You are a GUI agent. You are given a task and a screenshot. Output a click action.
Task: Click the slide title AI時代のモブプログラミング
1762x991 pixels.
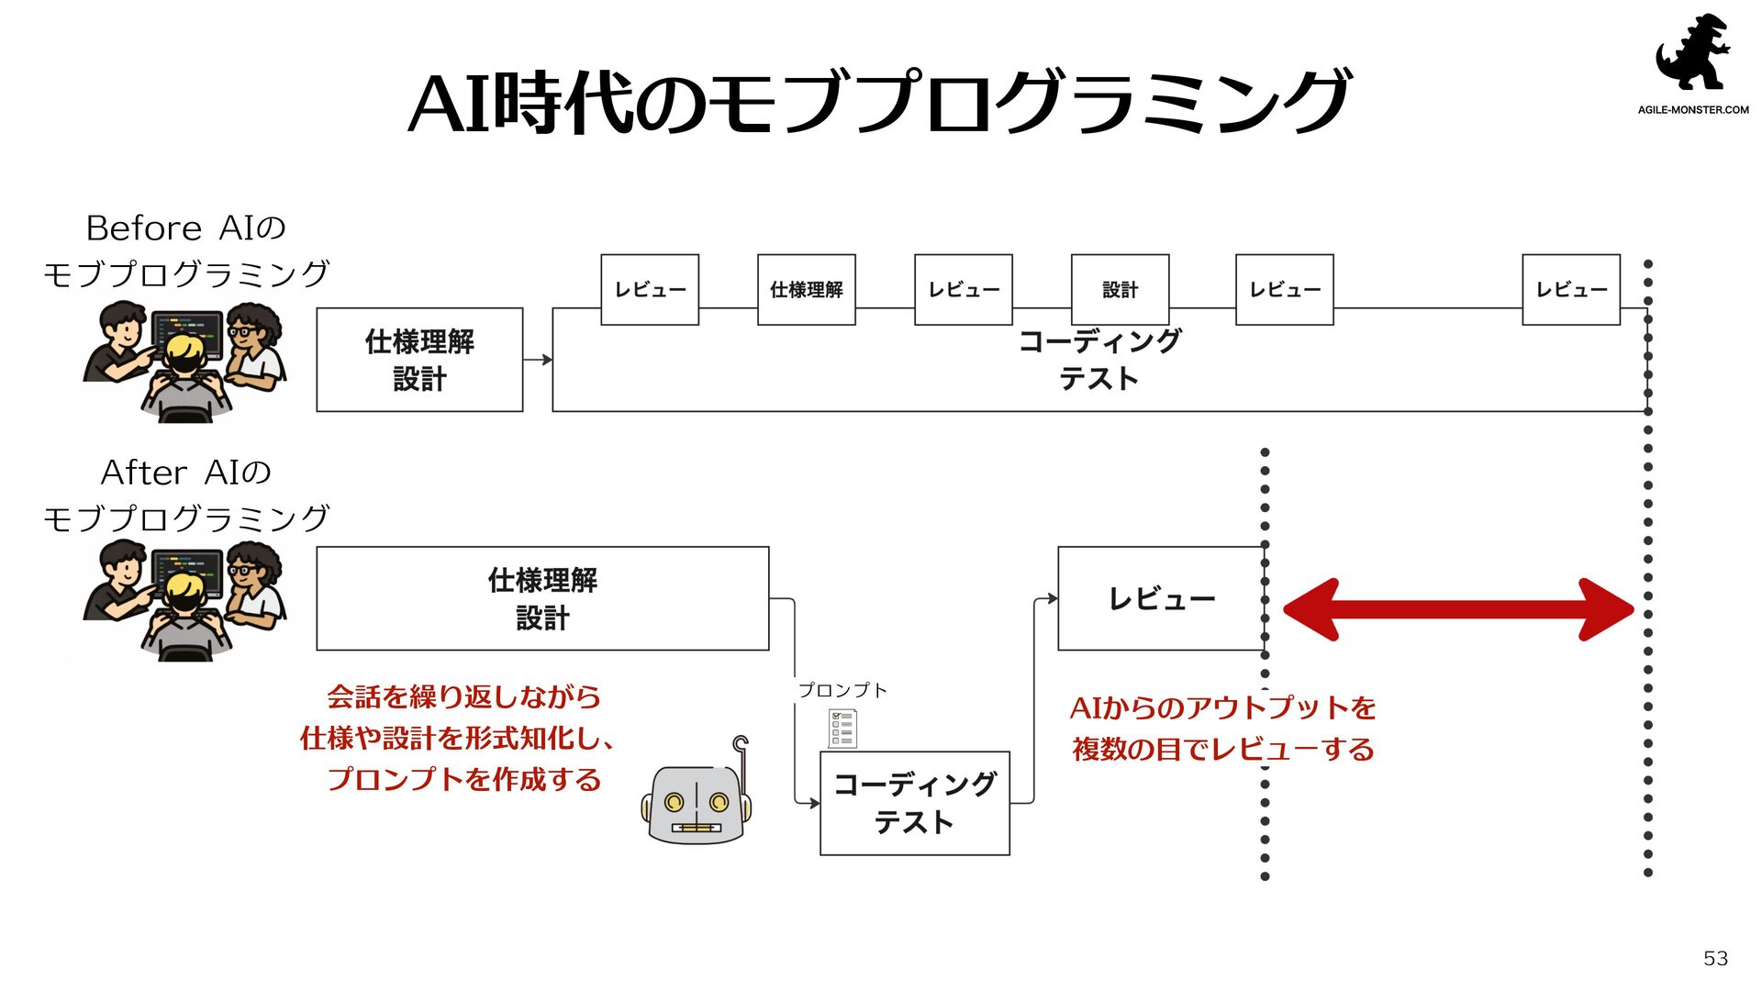879,101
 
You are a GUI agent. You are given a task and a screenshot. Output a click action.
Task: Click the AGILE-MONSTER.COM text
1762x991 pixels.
1693,110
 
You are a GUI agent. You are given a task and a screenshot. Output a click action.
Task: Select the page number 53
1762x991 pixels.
1715,958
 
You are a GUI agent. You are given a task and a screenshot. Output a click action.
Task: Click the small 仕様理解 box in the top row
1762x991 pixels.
806,290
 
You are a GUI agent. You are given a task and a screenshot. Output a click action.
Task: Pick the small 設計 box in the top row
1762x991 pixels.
1120,290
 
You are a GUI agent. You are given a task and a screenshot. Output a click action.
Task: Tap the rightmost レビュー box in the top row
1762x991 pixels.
1570,290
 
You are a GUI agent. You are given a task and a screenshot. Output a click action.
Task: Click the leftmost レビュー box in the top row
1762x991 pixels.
650,290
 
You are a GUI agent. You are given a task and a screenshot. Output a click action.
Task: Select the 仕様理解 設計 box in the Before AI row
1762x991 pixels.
419,360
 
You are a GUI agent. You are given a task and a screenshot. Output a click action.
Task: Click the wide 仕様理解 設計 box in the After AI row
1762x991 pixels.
542,598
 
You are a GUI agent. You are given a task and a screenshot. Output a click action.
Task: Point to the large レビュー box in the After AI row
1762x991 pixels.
1161,598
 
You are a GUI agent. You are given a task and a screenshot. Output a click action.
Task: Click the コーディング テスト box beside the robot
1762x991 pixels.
914,803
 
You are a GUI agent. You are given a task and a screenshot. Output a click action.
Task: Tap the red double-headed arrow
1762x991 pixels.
1458,608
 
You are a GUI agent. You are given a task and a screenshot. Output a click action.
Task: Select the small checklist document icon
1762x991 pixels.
842,729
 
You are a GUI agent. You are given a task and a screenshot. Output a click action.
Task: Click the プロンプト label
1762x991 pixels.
842,690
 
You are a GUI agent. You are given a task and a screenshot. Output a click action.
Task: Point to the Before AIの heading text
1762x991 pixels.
185,228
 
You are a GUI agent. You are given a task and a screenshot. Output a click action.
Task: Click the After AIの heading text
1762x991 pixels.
185,473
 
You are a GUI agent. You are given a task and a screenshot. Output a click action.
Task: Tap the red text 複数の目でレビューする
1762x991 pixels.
1222,749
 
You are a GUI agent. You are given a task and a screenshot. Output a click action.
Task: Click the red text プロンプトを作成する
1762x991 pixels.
463,779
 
